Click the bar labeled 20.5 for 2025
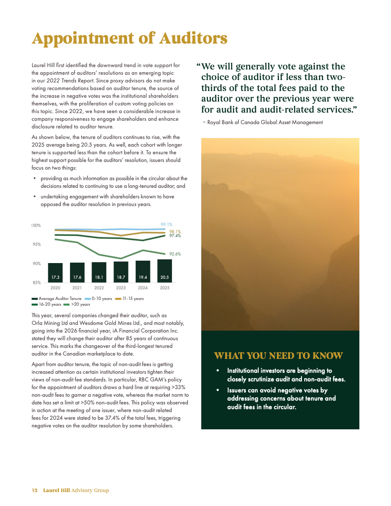164,271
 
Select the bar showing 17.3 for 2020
55,273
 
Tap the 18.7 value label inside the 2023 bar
121,277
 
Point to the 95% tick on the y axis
36,244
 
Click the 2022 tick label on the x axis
99,288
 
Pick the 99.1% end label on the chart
166,224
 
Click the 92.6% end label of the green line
175,254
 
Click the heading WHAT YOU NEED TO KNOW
278,356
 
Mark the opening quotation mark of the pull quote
198,67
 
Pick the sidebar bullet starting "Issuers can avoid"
281,399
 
